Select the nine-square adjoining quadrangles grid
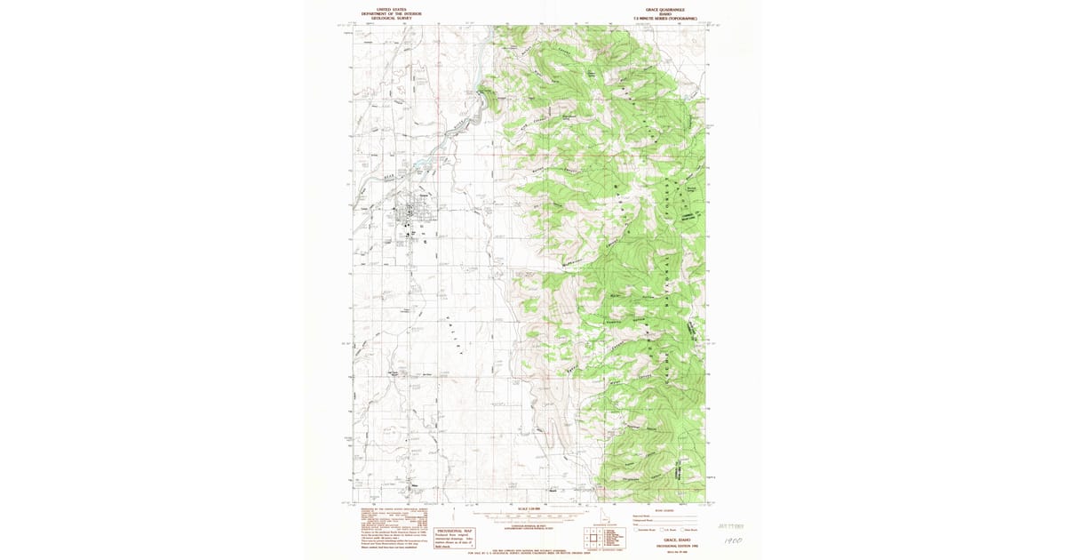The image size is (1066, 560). [590, 537]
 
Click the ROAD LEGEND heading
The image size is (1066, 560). [663, 510]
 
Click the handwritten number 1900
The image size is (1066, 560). [733, 539]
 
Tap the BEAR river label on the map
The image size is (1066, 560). [389, 177]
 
